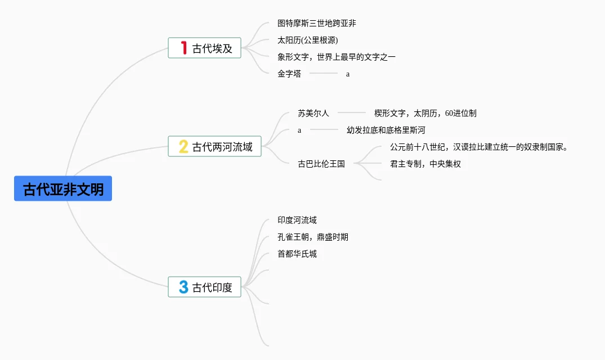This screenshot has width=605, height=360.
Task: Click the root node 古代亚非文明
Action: point(63,189)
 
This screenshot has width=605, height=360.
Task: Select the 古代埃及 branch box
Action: point(204,48)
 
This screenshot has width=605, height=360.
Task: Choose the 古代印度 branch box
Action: point(204,287)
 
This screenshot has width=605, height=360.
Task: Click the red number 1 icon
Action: point(183,48)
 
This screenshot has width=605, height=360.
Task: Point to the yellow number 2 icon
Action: point(183,147)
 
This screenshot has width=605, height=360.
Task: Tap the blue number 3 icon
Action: point(183,287)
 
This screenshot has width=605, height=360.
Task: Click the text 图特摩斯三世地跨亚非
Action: point(316,24)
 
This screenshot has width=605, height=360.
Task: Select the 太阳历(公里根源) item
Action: point(308,40)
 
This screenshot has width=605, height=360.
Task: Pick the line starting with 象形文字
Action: point(337,57)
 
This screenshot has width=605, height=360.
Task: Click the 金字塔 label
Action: point(289,74)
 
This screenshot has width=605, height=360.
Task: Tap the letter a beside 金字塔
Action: point(348,74)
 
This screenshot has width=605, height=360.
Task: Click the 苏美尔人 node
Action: point(313,113)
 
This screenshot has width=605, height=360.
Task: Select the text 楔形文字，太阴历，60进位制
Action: point(425,113)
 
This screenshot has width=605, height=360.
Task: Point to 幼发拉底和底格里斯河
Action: point(386,130)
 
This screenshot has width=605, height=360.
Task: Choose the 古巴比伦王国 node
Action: point(321,164)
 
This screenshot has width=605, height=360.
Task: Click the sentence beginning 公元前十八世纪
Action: point(479,147)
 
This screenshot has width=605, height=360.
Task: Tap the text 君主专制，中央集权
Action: point(425,164)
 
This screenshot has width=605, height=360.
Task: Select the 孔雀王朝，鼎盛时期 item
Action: point(313,237)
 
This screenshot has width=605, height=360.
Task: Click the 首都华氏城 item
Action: point(297,254)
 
